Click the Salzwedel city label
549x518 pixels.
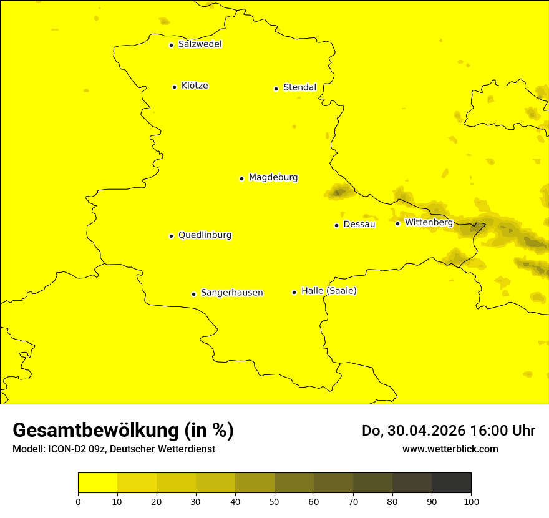(x=200, y=44)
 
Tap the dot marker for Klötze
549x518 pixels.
(x=174, y=87)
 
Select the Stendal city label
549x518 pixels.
(x=299, y=87)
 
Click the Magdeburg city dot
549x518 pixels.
(x=241, y=178)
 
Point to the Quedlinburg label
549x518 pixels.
(x=205, y=235)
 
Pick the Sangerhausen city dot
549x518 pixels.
(x=193, y=294)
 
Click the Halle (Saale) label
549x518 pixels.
(x=329, y=291)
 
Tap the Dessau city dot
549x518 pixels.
(x=336, y=225)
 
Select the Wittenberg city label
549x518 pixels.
(x=429, y=222)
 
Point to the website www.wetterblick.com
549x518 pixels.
(x=450, y=449)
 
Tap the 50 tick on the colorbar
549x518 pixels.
(x=274, y=501)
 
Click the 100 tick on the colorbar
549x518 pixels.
(x=471, y=501)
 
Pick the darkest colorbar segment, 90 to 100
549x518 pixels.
(x=451, y=483)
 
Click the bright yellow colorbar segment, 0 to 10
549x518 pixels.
(x=97, y=483)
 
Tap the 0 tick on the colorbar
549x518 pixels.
(x=78, y=501)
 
